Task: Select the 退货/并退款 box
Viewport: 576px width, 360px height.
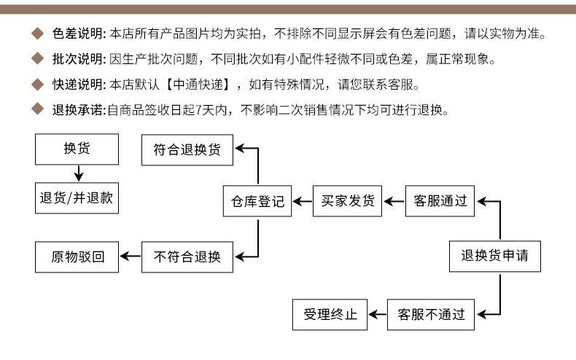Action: pos(76,197)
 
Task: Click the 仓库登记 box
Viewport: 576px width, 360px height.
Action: pos(257,201)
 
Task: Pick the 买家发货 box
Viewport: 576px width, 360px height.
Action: pos(348,201)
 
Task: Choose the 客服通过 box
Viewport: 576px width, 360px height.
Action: pos(440,201)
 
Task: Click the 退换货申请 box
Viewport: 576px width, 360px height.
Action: pos(495,256)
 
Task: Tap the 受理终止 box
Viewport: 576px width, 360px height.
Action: pos(330,315)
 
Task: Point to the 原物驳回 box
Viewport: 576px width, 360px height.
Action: pos(76,257)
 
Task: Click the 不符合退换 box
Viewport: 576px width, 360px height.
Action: pos(187,257)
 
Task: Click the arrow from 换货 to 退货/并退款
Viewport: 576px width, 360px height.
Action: pos(77,173)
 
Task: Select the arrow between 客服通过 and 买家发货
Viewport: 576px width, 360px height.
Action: pos(394,201)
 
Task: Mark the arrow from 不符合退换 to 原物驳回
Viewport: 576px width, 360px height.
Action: pos(130,257)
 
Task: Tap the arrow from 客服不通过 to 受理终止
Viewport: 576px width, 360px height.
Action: pos(376,315)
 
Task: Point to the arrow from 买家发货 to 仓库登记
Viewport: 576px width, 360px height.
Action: pos(302,201)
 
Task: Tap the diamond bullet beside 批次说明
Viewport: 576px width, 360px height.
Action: pos(38,60)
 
